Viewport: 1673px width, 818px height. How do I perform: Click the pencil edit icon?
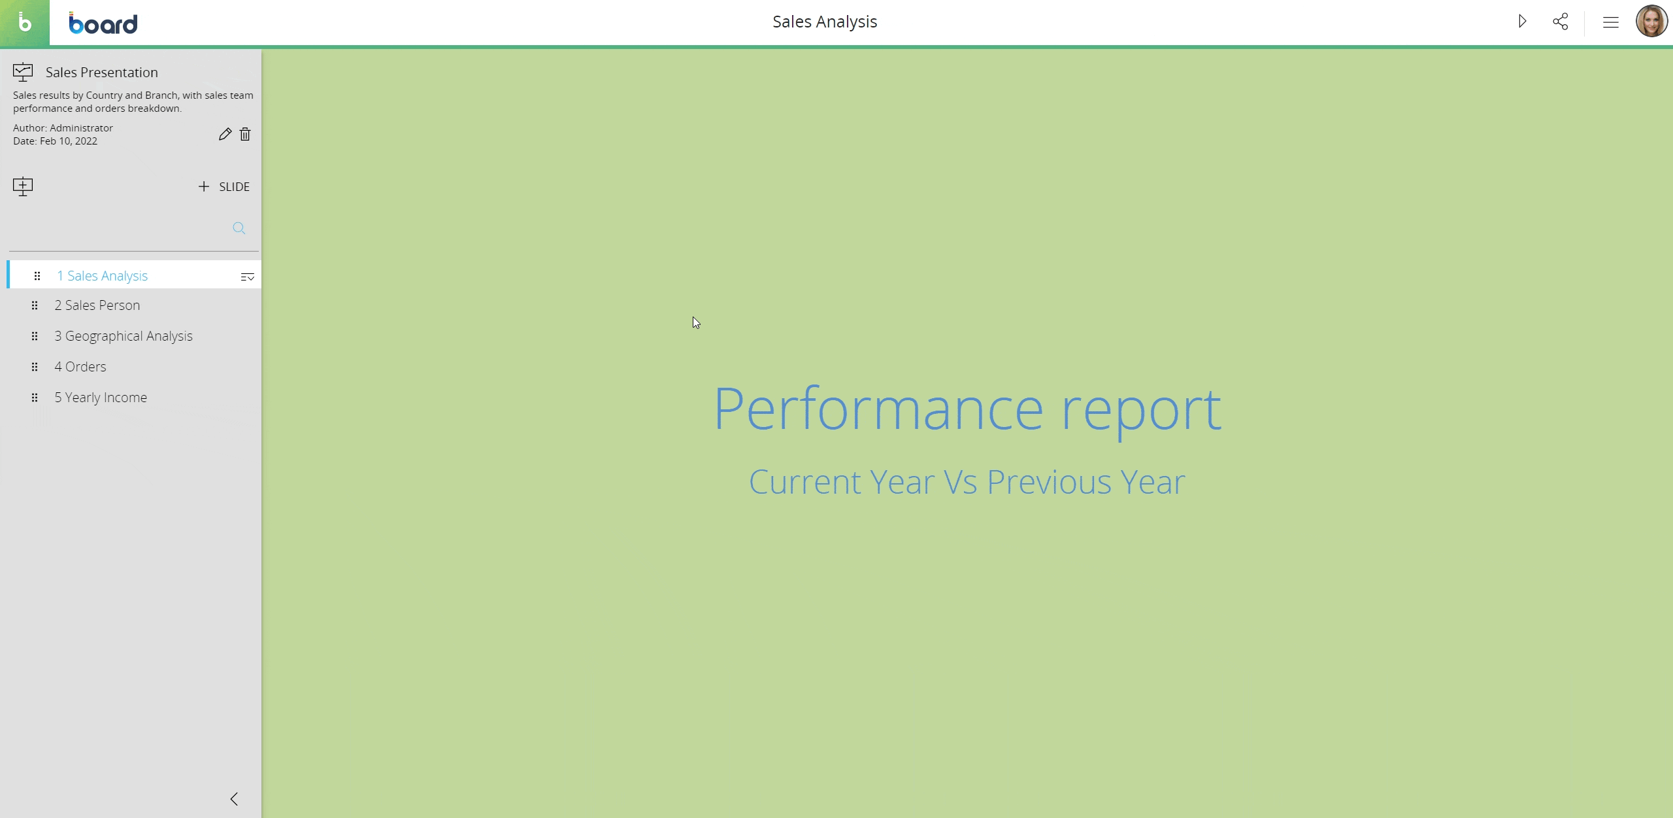click(225, 134)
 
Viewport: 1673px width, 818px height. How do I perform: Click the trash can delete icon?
click(245, 134)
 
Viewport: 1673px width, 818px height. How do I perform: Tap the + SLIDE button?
click(224, 187)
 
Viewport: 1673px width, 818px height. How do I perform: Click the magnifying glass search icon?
click(239, 228)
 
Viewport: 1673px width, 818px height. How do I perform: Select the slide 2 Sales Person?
click(97, 305)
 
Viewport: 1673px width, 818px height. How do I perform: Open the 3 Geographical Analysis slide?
click(124, 336)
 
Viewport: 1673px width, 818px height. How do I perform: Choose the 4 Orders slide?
click(80, 367)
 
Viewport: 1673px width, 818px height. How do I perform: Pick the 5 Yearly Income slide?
click(101, 398)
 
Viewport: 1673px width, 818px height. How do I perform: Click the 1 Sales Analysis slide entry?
click(103, 276)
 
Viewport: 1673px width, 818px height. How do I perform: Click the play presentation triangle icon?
click(1522, 22)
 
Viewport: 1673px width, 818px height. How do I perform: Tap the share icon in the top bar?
click(1561, 22)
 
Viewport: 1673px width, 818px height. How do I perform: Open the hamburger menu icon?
click(1611, 22)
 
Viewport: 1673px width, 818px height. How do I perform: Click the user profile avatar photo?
click(1651, 22)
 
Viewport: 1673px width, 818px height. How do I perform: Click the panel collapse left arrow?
click(234, 799)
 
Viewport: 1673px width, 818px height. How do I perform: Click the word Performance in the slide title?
click(879, 409)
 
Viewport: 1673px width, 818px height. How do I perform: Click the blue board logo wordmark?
click(103, 24)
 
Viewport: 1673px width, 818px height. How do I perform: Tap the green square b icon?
click(25, 23)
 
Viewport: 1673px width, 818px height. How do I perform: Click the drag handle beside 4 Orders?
click(35, 367)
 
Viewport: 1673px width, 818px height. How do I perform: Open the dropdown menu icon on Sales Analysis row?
click(248, 277)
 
